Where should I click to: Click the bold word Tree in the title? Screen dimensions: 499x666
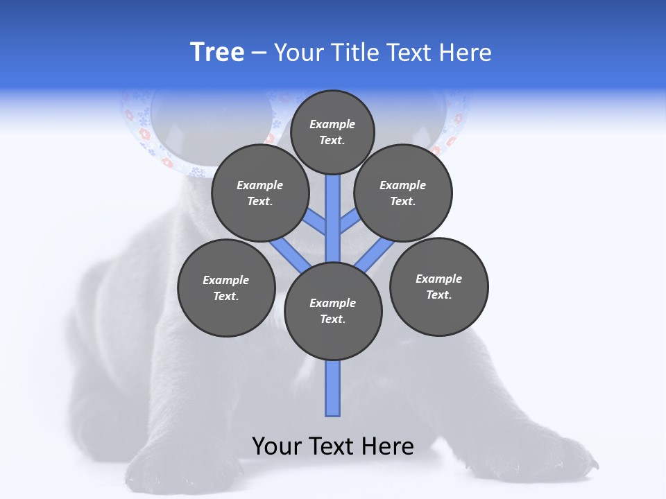point(217,53)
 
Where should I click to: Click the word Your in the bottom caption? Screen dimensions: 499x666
point(277,446)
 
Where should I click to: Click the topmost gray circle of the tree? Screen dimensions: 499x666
point(332,132)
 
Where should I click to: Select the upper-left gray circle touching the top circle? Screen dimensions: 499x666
point(260,193)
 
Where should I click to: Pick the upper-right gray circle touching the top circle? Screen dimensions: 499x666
point(403,193)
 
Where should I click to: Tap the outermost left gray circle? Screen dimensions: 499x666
point(226,288)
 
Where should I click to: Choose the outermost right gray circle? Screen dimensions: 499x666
point(438,286)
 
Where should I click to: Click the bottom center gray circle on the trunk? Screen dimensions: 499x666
point(333,310)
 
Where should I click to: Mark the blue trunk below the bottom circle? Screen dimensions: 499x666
point(333,388)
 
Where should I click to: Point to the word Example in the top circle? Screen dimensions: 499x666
point(332,124)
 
